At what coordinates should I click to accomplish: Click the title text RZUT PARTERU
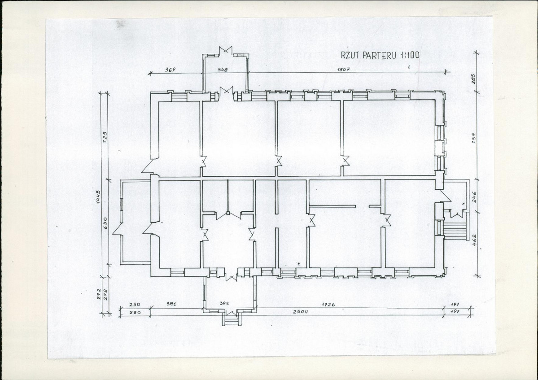pyautogui.click(x=369, y=55)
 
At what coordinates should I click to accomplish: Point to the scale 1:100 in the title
pyautogui.click(x=409, y=55)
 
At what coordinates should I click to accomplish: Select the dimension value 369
pyautogui.click(x=170, y=70)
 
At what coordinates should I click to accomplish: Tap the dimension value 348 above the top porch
pyautogui.click(x=223, y=70)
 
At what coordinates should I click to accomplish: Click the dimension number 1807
pyautogui.click(x=343, y=69)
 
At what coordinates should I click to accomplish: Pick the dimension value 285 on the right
pyautogui.click(x=473, y=79)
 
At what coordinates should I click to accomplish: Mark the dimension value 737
pyautogui.click(x=473, y=138)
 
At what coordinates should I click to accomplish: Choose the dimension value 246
pyautogui.click(x=474, y=197)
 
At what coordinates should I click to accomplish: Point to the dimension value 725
pyautogui.click(x=105, y=138)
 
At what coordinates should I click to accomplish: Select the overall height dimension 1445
pyautogui.click(x=98, y=197)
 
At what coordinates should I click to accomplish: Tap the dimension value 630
pyautogui.click(x=105, y=223)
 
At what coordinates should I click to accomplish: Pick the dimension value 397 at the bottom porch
pyautogui.click(x=224, y=304)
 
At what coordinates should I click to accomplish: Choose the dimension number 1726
pyautogui.click(x=328, y=304)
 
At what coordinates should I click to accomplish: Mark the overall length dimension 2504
pyautogui.click(x=300, y=311)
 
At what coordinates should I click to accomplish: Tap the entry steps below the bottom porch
pyautogui.click(x=232, y=320)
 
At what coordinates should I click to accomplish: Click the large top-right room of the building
pyautogui.click(x=389, y=138)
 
